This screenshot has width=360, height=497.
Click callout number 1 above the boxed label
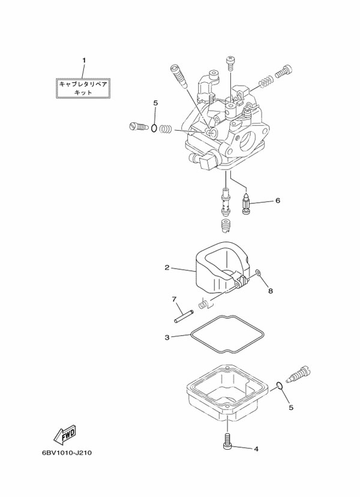click(84, 60)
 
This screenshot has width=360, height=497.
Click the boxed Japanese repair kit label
click(83, 88)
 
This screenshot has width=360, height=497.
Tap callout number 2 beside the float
click(167, 267)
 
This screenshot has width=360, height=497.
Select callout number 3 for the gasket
click(167, 338)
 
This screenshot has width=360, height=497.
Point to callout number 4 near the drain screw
click(256, 448)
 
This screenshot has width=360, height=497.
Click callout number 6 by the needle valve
click(278, 201)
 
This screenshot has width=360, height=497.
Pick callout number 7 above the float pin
click(173, 299)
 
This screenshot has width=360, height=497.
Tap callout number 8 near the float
click(270, 291)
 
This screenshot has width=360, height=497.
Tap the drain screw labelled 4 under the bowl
click(227, 441)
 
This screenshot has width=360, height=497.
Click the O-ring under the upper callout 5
click(155, 128)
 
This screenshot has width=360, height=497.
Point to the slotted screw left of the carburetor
click(138, 126)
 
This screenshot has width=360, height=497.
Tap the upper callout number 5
click(155, 103)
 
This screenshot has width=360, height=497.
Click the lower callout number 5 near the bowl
click(291, 408)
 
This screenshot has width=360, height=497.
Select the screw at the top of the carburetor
click(229, 61)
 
